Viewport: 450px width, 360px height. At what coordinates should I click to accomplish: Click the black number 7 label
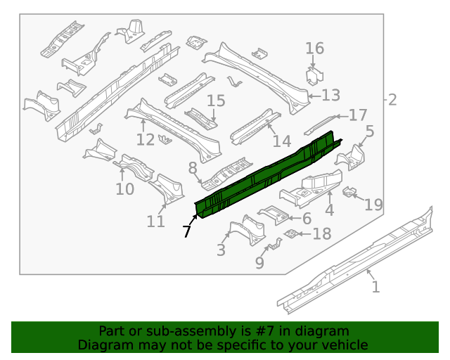click(187, 231)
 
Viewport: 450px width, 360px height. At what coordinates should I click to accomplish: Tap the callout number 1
click(375, 286)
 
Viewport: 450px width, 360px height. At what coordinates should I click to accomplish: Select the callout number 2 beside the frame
click(392, 99)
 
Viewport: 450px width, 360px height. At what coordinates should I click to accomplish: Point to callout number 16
click(314, 49)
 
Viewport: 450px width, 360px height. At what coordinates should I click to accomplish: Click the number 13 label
click(330, 95)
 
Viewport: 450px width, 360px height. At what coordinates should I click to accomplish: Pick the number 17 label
click(358, 115)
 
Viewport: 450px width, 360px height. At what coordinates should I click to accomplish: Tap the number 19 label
click(373, 205)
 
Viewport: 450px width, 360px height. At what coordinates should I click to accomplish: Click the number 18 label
click(321, 233)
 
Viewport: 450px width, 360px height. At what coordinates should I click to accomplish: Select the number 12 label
click(145, 139)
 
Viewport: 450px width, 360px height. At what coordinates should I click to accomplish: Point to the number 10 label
click(124, 189)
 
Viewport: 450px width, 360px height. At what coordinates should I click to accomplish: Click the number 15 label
click(215, 101)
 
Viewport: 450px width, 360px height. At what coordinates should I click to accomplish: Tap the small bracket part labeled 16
click(314, 75)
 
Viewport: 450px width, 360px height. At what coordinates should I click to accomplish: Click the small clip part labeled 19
click(348, 191)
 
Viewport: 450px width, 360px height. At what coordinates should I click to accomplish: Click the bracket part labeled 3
click(243, 229)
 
